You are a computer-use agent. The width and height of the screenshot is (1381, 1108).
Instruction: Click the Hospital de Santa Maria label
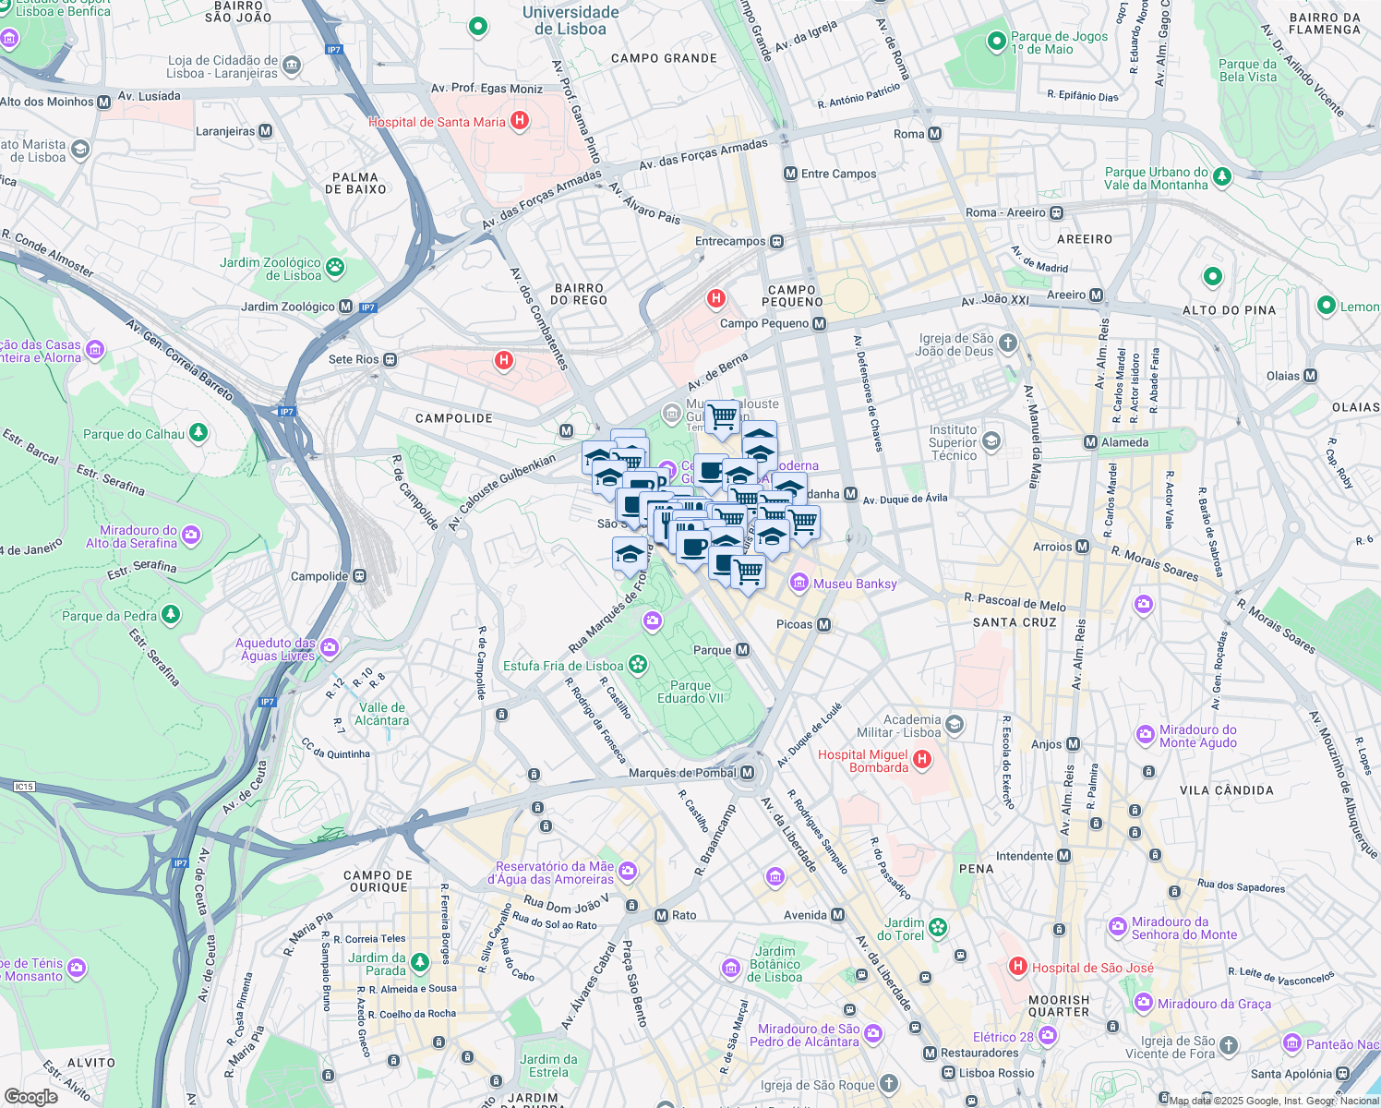(437, 122)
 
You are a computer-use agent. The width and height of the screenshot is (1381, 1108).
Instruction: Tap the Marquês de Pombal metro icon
(748, 773)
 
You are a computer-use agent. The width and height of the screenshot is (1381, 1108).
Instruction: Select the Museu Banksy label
(855, 584)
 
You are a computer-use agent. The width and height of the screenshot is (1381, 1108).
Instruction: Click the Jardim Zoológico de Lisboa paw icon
(335, 268)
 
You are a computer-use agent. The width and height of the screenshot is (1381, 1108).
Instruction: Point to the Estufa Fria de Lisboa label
(563, 666)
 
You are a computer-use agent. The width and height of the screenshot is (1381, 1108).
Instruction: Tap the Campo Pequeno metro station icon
(820, 323)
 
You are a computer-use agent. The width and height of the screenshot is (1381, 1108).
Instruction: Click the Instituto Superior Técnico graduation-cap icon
(991, 441)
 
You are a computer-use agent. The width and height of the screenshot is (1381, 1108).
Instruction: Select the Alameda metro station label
(1124, 442)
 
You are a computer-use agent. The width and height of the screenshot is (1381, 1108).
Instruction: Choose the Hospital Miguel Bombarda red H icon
(921, 760)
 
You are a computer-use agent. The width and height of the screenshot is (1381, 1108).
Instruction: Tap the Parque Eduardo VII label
(690, 692)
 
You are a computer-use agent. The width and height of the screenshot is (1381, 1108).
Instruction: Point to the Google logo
(30, 1097)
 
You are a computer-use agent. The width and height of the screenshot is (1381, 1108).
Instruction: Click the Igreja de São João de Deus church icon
(1008, 343)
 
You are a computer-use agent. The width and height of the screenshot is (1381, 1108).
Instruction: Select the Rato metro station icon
(661, 915)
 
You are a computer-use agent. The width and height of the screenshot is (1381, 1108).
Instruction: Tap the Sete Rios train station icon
(390, 359)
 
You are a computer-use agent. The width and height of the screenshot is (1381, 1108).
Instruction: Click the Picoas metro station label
(794, 624)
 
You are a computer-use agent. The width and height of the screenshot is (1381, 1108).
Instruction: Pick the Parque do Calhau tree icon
(198, 433)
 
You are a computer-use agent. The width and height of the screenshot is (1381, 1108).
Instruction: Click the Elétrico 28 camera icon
(1047, 1037)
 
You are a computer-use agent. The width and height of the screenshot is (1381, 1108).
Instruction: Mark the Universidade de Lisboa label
(570, 20)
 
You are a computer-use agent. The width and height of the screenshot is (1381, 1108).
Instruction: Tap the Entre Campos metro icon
(790, 174)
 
